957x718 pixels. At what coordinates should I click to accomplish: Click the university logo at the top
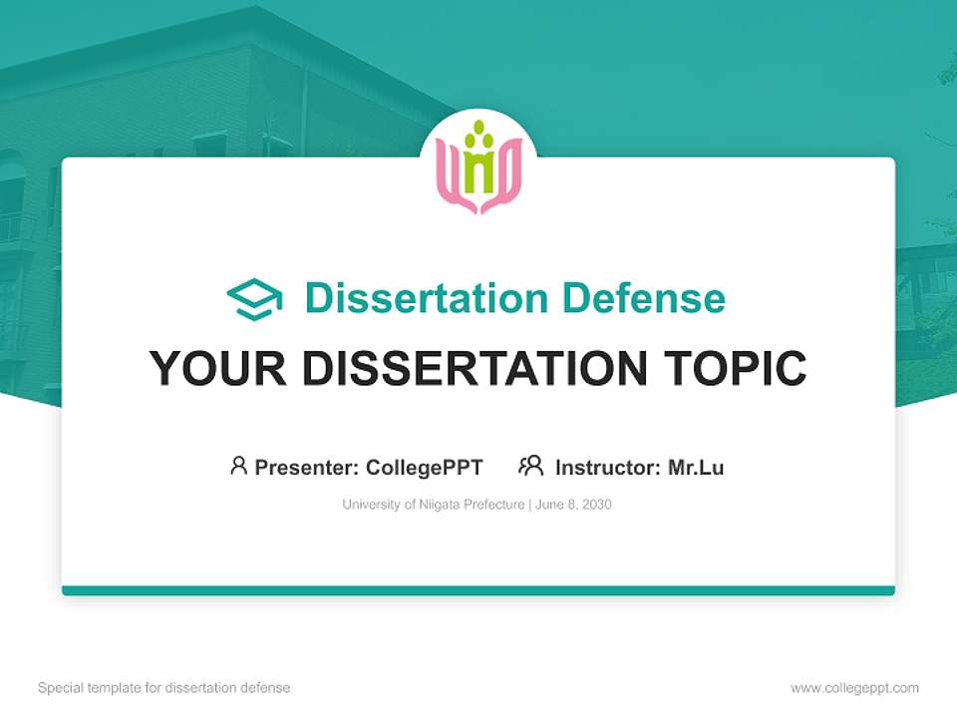(x=478, y=168)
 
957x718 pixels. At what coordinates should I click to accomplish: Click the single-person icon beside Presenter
(x=238, y=466)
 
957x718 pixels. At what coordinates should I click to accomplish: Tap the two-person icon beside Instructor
(x=530, y=466)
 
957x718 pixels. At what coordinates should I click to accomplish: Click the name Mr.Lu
(x=696, y=467)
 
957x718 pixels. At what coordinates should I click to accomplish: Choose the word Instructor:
(x=607, y=467)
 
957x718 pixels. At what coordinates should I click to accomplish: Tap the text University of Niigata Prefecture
(x=433, y=505)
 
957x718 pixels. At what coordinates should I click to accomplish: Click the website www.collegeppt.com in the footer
(x=854, y=688)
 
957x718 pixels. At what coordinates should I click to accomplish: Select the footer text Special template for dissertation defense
(x=163, y=688)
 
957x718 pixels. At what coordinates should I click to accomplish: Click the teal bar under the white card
(x=478, y=590)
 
